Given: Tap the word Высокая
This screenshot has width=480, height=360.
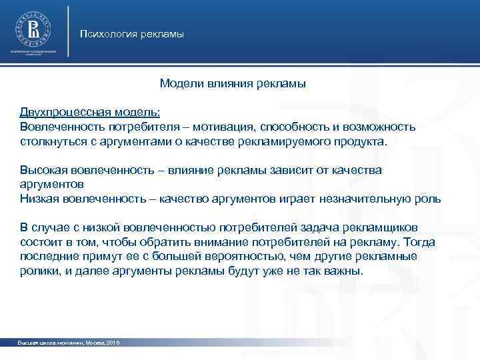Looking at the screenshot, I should (41, 170).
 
